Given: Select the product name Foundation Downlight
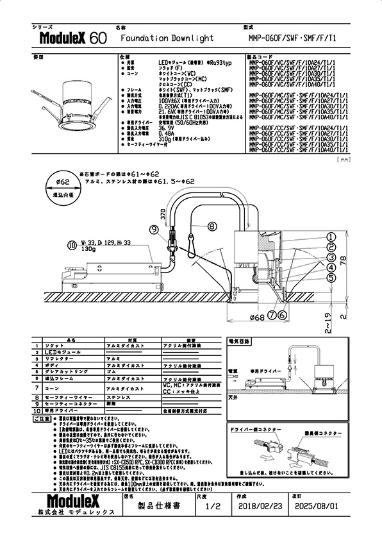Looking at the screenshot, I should (167, 38).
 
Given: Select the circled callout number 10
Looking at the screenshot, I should (71, 244).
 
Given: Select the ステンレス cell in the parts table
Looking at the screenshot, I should (119, 397).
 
